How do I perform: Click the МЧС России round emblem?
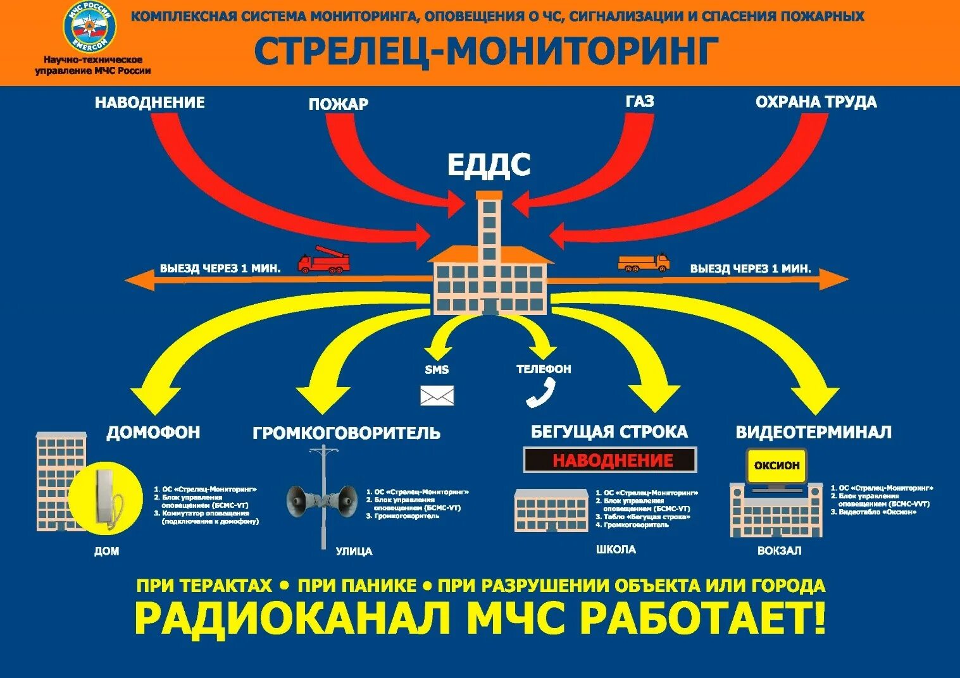click(x=90, y=27)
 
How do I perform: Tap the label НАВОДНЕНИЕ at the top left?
click(x=150, y=102)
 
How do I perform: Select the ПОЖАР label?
click(x=339, y=104)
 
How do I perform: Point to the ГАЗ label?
click(x=640, y=101)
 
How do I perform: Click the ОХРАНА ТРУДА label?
click(x=816, y=102)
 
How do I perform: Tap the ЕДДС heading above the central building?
click(x=489, y=165)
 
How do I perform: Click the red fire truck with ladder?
click(x=324, y=260)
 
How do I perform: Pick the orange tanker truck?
click(x=644, y=261)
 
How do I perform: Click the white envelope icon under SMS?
click(x=437, y=396)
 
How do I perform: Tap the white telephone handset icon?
click(x=540, y=393)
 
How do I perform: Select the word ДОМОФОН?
click(x=153, y=433)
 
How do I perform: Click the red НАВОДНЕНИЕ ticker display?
click(x=610, y=460)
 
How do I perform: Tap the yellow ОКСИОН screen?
click(x=776, y=466)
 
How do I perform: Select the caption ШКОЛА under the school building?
click(x=616, y=550)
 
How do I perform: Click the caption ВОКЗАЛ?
click(x=779, y=551)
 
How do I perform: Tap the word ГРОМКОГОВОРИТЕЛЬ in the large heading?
click(x=346, y=433)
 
